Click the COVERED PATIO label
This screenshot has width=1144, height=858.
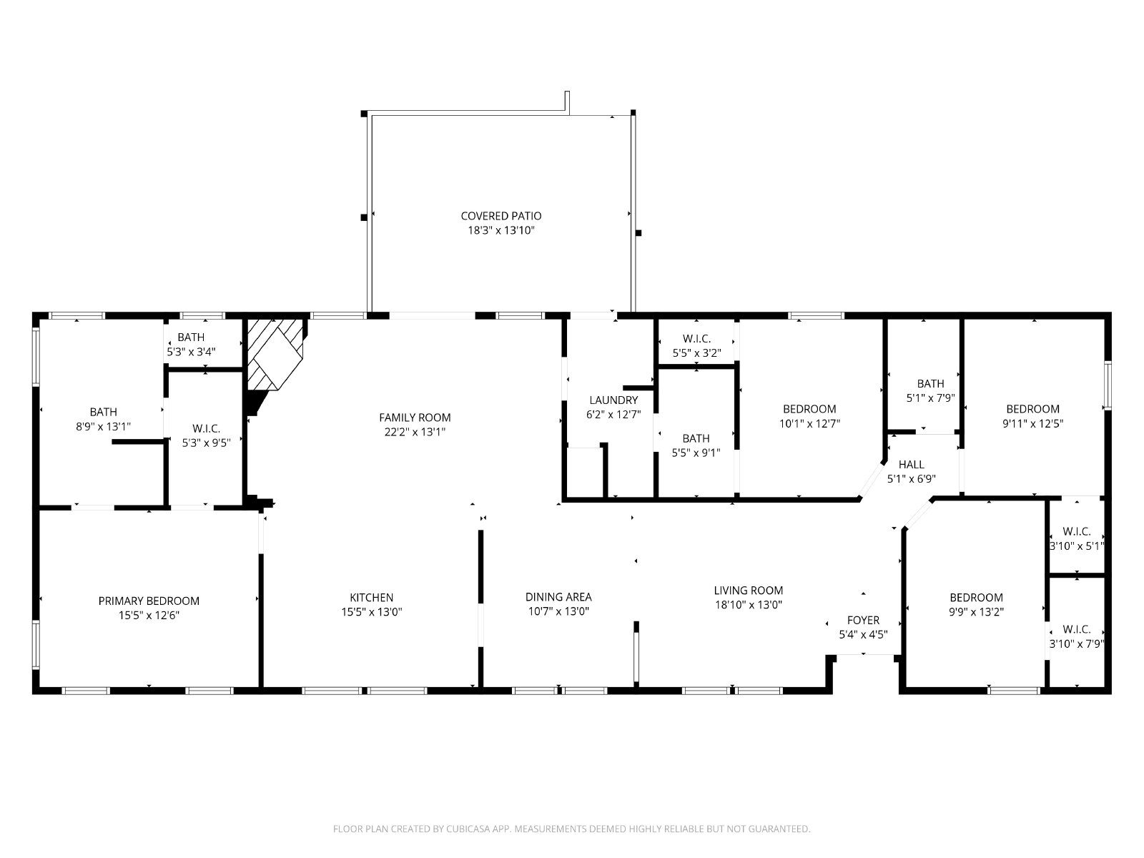pyautogui.click(x=501, y=216)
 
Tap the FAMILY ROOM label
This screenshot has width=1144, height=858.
pyautogui.click(x=415, y=418)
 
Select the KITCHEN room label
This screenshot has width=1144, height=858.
pyautogui.click(x=372, y=598)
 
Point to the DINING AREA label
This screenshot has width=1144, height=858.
pyautogui.click(x=558, y=597)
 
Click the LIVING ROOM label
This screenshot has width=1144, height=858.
pyautogui.click(x=749, y=591)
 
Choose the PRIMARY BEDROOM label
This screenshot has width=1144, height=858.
pyautogui.click(x=149, y=601)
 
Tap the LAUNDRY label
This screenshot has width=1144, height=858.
pyautogui.click(x=613, y=400)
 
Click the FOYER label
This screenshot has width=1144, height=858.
pyautogui.click(x=863, y=620)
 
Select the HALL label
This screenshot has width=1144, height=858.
pyautogui.click(x=911, y=464)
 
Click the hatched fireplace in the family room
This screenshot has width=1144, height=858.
pyautogui.click(x=275, y=354)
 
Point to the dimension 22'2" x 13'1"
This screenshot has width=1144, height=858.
pyautogui.click(x=415, y=432)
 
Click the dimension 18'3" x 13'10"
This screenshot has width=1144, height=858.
pyautogui.click(x=501, y=230)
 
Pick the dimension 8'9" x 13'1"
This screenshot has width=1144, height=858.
pyautogui.click(x=103, y=427)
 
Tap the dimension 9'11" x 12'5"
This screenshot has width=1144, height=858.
pyautogui.click(x=1032, y=423)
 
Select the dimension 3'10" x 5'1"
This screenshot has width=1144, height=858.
pyautogui.click(x=1076, y=546)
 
